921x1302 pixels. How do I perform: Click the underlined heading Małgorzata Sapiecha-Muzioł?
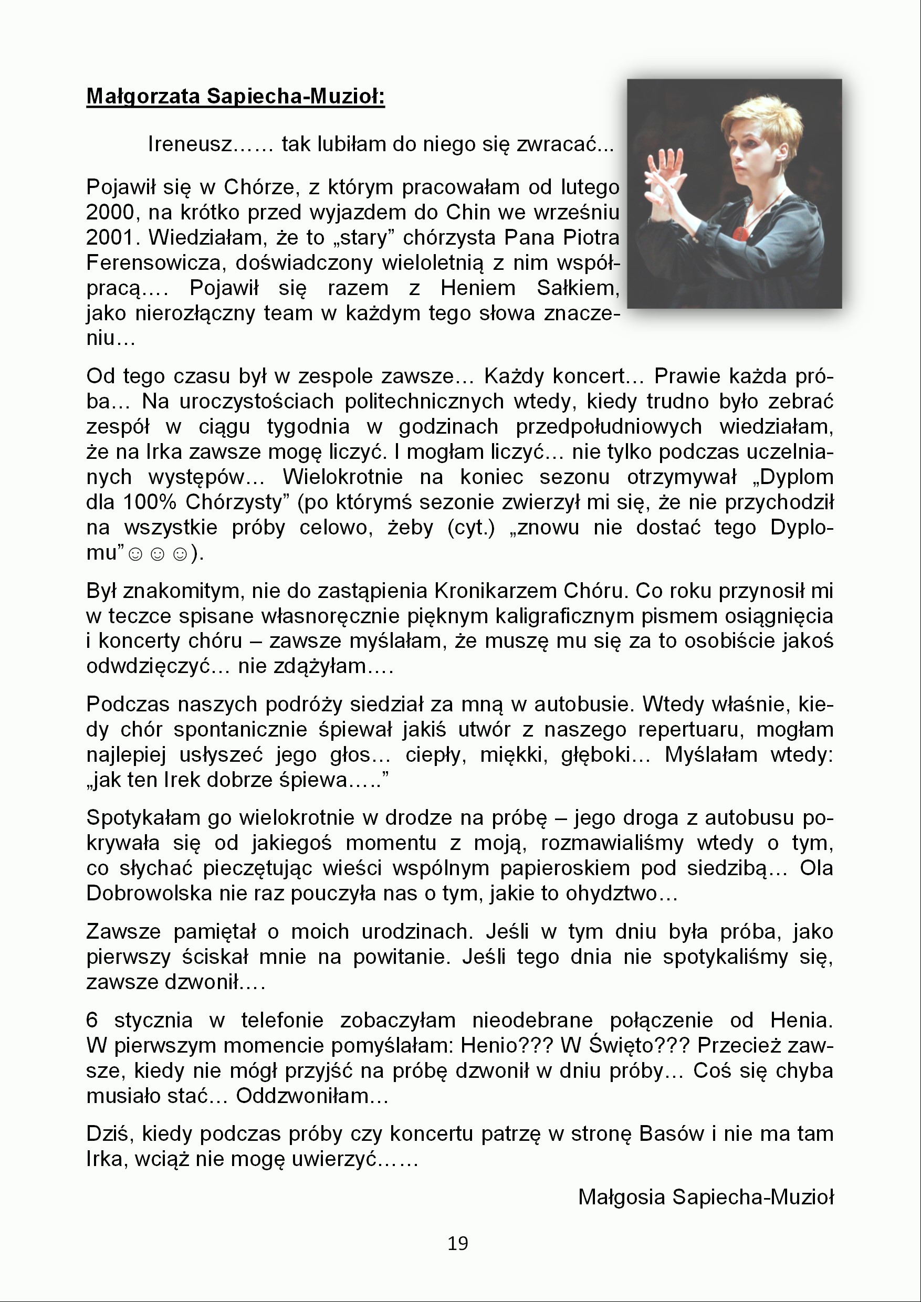point(235,96)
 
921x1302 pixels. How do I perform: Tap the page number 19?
point(458,1244)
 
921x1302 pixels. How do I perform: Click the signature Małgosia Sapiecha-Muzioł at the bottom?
point(706,1197)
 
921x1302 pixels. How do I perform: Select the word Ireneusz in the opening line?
point(190,144)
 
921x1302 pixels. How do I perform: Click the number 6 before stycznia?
point(92,1020)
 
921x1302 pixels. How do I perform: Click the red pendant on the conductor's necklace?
point(739,233)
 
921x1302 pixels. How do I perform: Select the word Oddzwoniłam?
point(302,1096)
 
